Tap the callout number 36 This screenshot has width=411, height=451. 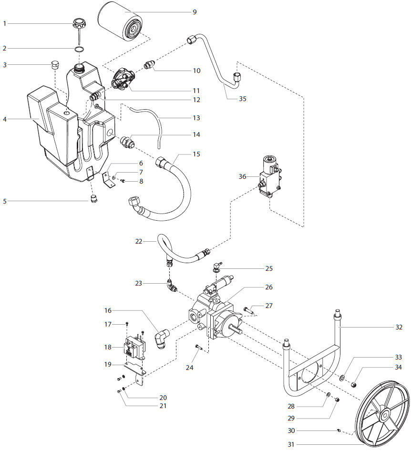pyautogui.click(x=242, y=176)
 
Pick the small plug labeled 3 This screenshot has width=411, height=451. pyautogui.click(x=56, y=64)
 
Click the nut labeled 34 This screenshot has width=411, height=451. pyautogui.click(x=354, y=383)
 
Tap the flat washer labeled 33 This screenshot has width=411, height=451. pyautogui.click(x=342, y=377)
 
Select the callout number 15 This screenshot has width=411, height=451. pyautogui.click(x=196, y=154)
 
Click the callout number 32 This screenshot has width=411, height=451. pyautogui.click(x=399, y=327)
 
